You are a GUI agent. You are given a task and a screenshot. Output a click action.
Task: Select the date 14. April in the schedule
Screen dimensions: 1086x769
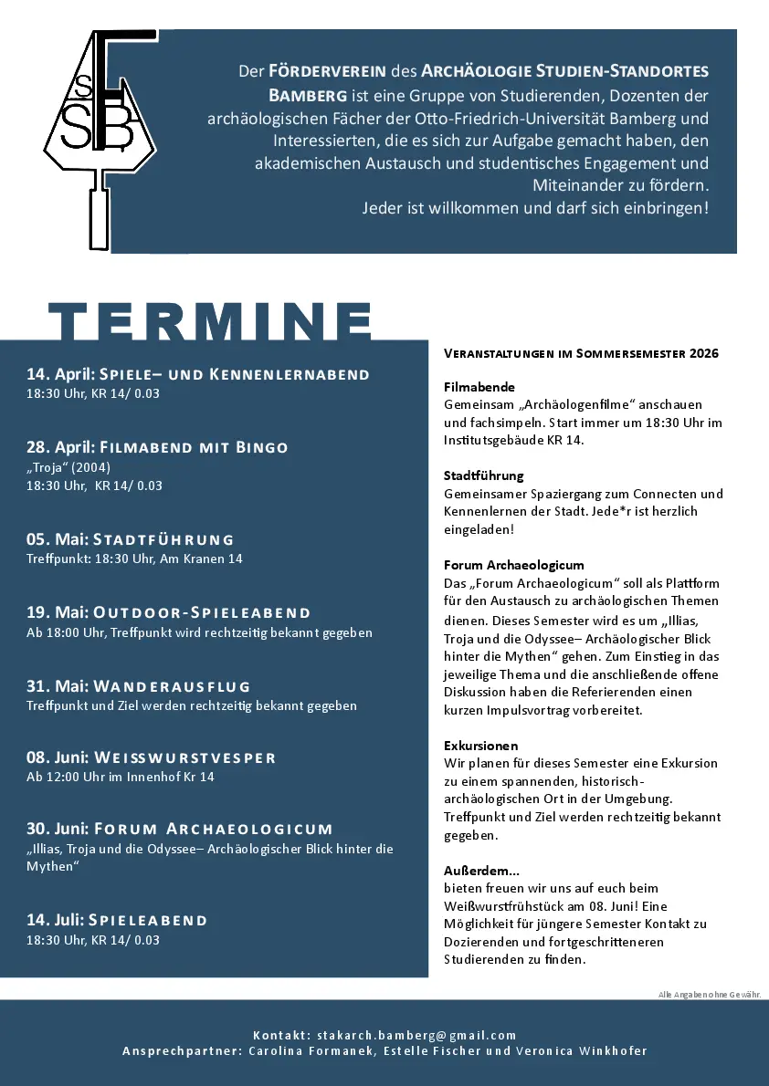(x=59, y=374)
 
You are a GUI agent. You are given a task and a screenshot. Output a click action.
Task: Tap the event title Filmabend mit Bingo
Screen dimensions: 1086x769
(x=194, y=447)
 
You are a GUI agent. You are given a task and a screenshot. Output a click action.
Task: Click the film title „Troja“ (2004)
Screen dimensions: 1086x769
(x=68, y=467)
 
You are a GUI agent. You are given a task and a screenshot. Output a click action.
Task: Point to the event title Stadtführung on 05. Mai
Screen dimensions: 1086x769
(x=163, y=539)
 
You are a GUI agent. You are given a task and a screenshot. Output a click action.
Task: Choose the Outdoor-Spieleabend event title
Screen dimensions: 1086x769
(x=202, y=612)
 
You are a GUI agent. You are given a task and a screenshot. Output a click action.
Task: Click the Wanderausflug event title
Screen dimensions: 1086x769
(x=172, y=686)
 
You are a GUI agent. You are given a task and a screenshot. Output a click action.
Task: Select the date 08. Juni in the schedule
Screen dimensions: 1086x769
(x=57, y=757)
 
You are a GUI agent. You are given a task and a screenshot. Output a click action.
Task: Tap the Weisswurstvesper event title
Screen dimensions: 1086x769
(x=184, y=757)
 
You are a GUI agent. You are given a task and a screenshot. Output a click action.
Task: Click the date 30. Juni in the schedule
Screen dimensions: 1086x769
(x=57, y=829)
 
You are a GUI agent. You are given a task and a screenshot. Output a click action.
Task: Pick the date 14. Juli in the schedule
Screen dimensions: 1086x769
(x=54, y=920)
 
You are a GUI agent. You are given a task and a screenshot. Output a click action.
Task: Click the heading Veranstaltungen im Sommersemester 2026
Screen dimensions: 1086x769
(x=581, y=353)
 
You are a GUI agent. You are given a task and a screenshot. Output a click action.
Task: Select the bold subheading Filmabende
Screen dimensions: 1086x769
(x=479, y=387)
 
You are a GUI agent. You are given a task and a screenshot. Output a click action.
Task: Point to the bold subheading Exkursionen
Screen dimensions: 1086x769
(x=480, y=746)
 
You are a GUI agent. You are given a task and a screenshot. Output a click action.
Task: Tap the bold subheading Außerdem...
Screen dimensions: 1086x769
(x=481, y=871)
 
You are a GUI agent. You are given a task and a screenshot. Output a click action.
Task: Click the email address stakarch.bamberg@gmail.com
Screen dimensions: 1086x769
(x=416, y=1035)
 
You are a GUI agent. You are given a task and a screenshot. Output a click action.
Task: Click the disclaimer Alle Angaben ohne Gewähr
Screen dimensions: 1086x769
(x=709, y=994)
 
